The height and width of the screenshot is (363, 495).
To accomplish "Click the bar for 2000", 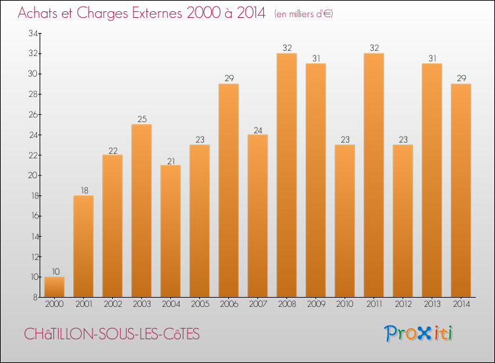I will coord(54,287).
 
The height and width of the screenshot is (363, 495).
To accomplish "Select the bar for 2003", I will coord(141,211).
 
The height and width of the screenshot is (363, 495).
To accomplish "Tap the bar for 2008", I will coord(286,175).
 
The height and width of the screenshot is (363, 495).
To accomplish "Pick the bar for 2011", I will coord(374,175).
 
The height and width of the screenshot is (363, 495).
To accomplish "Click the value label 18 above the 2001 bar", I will coord(83,191).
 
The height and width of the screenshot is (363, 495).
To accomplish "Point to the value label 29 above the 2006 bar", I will coord(228,79).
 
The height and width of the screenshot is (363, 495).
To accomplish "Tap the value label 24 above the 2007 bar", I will coord(257,129).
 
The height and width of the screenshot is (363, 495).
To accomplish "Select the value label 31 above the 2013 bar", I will coord(432,58).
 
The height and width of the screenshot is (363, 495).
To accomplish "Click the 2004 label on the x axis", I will coord(170,305).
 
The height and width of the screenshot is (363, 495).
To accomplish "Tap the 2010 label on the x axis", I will coord(345,305).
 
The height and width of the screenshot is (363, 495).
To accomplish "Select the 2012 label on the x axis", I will coord(403,305).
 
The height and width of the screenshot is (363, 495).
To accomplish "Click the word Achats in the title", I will coord(40,13).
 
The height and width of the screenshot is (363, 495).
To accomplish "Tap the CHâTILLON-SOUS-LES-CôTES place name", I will coord(112,335).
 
